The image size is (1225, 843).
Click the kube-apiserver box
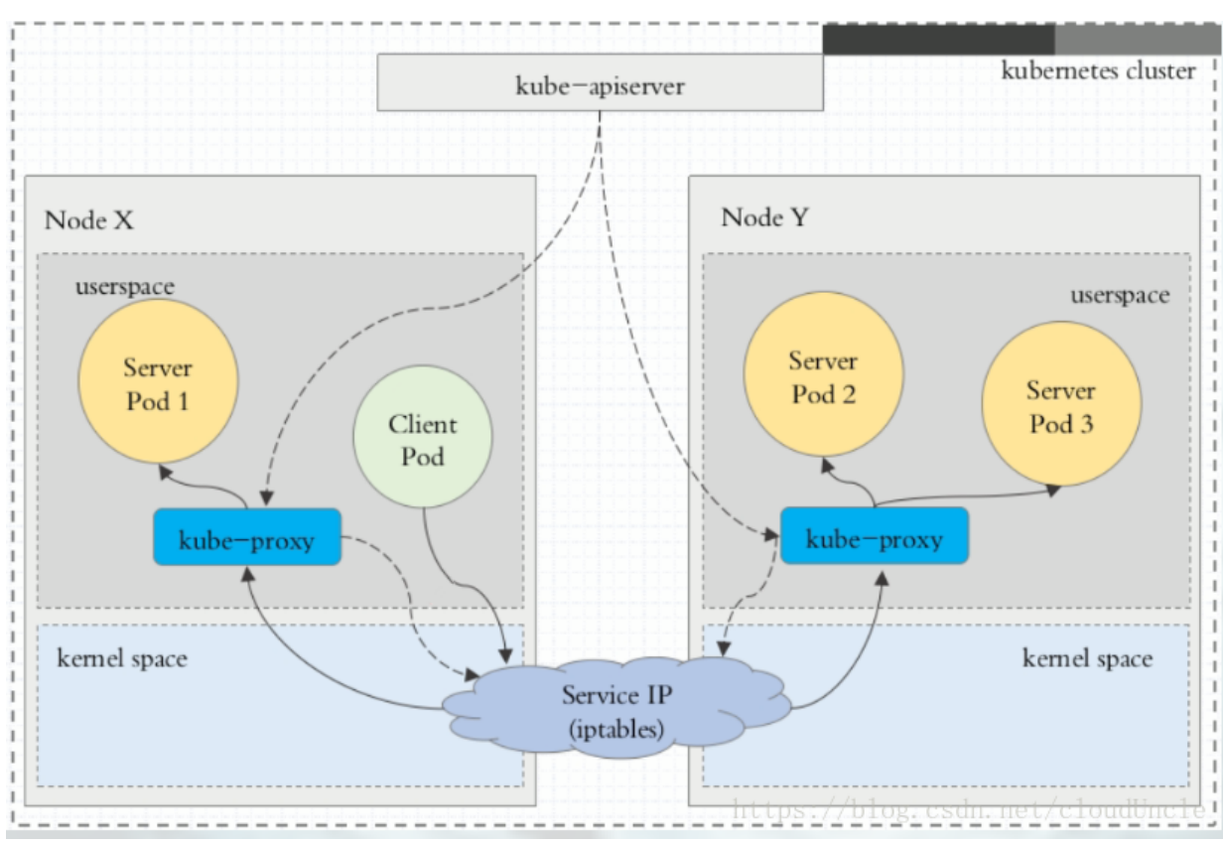pos(600,83)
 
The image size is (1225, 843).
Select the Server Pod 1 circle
pos(157,383)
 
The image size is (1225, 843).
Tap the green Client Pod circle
pos(422,441)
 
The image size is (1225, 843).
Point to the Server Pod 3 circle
pos(1060,406)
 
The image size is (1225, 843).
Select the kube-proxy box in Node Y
pos(874,536)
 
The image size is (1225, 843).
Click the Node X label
pos(88,220)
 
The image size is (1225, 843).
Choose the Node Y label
pos(765,217)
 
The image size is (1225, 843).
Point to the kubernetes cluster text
pos(1098,70)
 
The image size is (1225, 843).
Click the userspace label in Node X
pos(124,287)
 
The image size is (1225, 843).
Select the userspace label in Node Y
pos(1119,295)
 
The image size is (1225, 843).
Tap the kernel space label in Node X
pos(122,658)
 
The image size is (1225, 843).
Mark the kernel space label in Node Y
pos(1087,658)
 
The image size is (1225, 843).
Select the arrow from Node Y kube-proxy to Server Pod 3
pos(973,495)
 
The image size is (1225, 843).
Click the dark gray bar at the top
pos(937,40)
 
